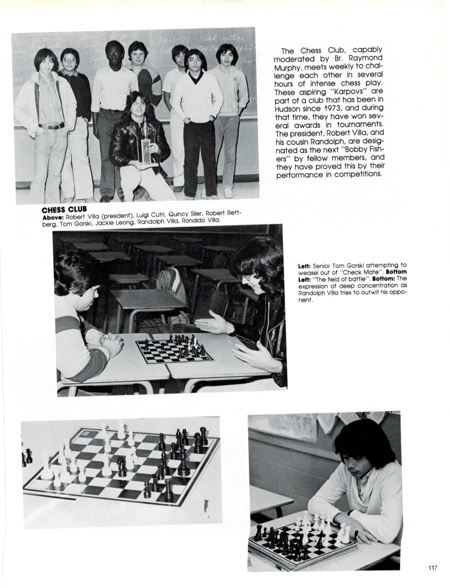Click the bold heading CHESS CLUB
(64, 210)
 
